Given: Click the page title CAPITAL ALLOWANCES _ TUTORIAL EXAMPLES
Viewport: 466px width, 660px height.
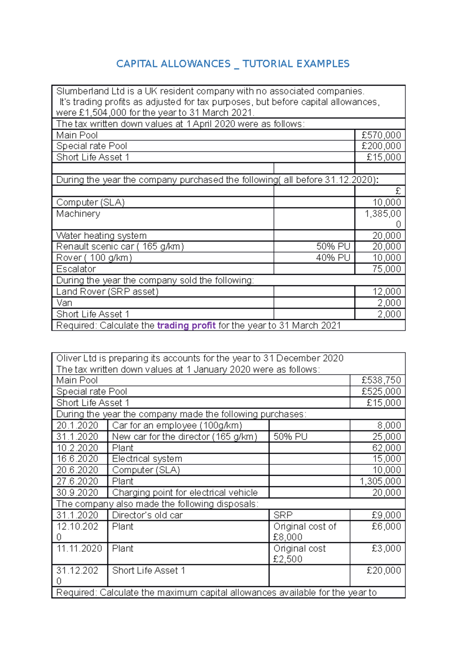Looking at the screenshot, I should click(x=233, y=64).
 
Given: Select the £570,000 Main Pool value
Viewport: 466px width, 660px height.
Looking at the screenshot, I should click(x=381, y=135).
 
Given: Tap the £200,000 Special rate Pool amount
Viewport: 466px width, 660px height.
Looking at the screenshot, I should click(x=381, y=146).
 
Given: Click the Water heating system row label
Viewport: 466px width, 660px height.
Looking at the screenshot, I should click(x=101, y=236).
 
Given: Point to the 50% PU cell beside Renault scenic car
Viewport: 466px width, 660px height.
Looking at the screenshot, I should click(x=333, y=246).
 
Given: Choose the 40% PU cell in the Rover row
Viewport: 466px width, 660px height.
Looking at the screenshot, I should click(x=333, y=258).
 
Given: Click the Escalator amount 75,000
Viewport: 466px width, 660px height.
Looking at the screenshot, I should click(x=386, y=269).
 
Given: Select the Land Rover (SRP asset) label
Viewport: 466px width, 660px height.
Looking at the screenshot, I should click(x=107, y=292).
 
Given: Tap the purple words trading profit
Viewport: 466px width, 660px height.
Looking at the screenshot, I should click(x=186, y=325).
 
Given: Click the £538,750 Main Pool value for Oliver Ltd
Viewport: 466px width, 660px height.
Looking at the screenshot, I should click(x=381, y=380).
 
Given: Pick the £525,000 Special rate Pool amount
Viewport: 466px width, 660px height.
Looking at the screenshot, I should click(x=381, y=391).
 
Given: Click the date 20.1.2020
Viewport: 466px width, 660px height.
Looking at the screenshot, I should click(x=77, y=425).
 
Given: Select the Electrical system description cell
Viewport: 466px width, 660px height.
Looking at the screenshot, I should click(x=147, y=459).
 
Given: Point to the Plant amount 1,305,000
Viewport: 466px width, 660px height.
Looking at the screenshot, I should click(x=380, y=481).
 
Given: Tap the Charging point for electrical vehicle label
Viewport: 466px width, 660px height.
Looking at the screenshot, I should click(x=185, y=492).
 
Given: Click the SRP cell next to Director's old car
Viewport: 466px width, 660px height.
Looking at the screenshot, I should click(x=283, y=515).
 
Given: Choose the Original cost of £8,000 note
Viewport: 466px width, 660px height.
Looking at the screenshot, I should click(x=304, y=531).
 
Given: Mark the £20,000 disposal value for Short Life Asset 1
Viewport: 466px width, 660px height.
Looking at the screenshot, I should click(x=384, y=570).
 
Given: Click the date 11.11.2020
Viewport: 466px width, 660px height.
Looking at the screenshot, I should click(x=79, y=548).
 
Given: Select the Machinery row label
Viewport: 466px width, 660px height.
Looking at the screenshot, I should click(x=78, y=213).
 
